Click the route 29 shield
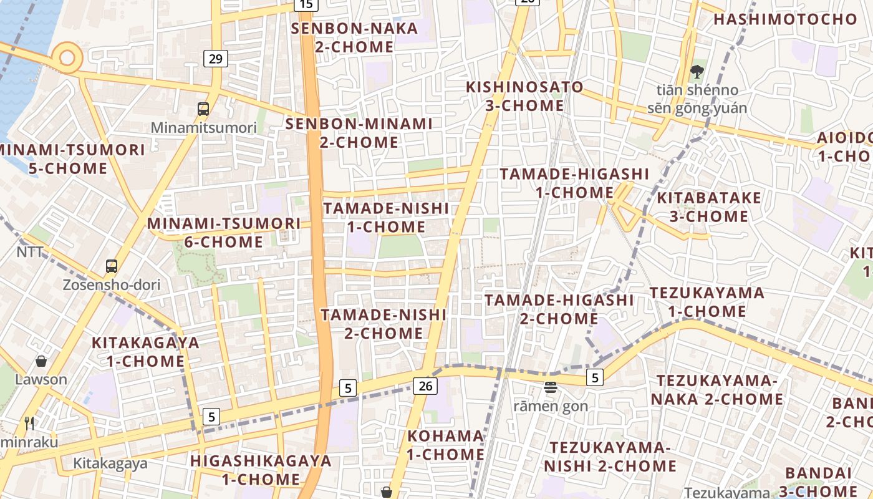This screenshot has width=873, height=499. tap(215, 59)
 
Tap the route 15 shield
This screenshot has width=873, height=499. tap(306, 4)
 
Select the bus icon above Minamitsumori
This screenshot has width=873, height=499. tap(203, 109)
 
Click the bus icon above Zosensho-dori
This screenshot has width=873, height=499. tap(112, 266)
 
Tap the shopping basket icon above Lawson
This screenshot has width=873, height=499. tap(41, 361)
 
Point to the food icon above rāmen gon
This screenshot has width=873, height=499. tap(550, 387)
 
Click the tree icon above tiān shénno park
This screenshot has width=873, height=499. tap(697, 72)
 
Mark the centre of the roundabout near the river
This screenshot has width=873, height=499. tap(67, 58)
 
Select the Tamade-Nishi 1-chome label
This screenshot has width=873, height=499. tap(386, 217)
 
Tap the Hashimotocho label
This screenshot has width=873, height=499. tap(786, 19)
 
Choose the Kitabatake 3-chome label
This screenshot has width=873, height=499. tap(709, 207)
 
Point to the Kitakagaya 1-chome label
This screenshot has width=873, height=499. tap(145, 352)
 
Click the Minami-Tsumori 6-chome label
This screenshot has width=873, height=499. tap(224, 232)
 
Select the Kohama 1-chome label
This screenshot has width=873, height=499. tap(445, 445)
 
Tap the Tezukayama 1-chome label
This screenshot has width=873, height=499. tap(707, 302)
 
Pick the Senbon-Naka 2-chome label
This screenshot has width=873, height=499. tap(354, 37)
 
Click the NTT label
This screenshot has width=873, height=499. tap(30, 252)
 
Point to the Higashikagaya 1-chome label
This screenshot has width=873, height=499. tap(261, 470)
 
